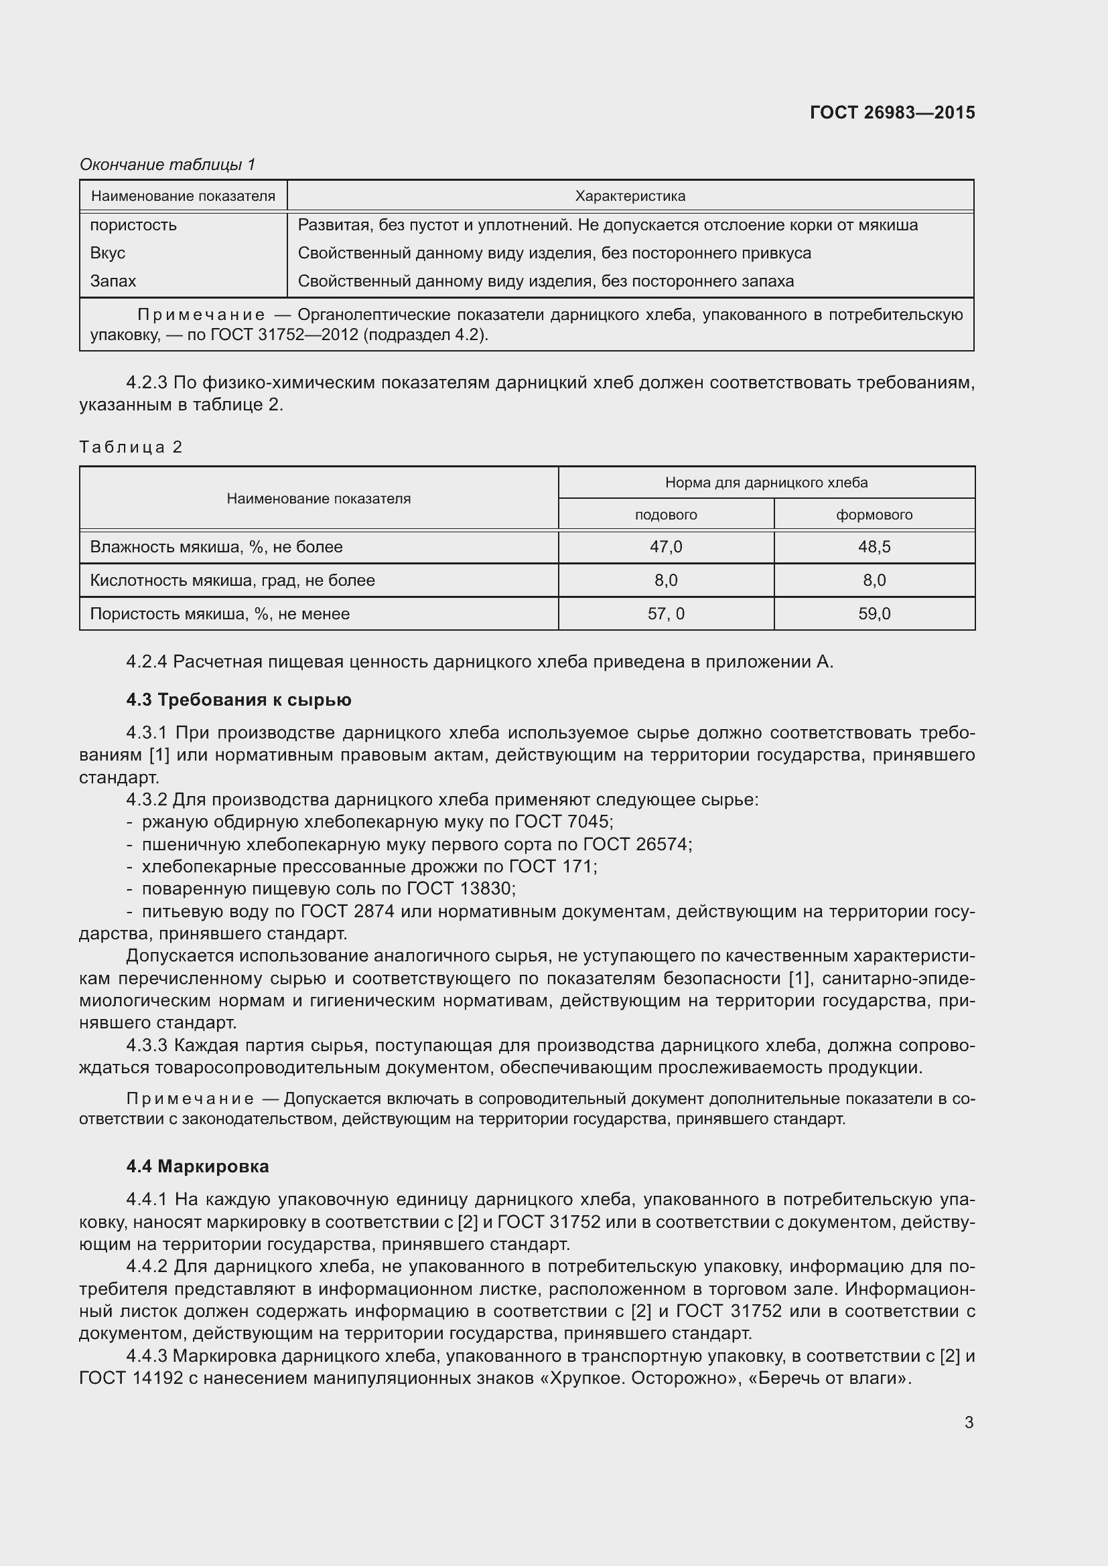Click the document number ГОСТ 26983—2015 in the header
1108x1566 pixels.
[x=892, y=112]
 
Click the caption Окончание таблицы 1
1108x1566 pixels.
[x=167, y=165]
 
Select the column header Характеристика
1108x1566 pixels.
[x=630, y=196]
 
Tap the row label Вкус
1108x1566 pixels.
[x=108, y=253]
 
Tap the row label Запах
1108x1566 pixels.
[x=113, y=281]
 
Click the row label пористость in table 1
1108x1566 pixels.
[x=133, y=225]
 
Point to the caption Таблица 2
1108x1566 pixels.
[x=131, y=447]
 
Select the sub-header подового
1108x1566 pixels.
[x=665, y=515]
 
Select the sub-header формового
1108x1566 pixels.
[x=874, y=515]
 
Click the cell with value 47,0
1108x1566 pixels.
[x=665, y=547]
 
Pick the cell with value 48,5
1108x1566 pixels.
[x=874, y=547]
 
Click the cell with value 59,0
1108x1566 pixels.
[x=874, y=614]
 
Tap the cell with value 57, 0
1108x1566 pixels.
[x=665, y=614]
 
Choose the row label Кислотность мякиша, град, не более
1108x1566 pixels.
[x=232, y=580]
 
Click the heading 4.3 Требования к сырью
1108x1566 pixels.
[x=238, y=700]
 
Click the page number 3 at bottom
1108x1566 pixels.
[x=968, y=1423]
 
